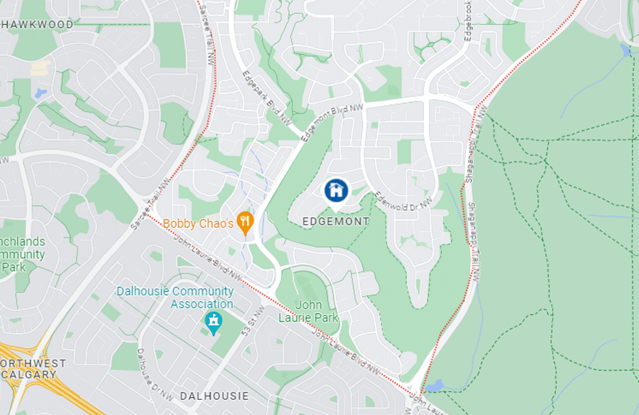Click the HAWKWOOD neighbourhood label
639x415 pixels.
pyautogui.click(x=37, y=25)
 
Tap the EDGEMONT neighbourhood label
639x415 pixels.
pyautogui.click(x=336, y=222)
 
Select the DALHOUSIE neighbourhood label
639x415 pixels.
pyautogui.click(x=214, y=396)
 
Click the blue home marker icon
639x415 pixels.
pyautogui.click(x=336, y=191)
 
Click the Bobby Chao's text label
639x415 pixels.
pyautogui.click(x=198, y=224)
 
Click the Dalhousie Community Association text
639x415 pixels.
pyautogui.click(x=175, y=297)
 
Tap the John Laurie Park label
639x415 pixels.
pyautogui.click(x=308, y=311)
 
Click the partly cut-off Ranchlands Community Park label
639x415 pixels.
pyautogui.click(x=22, y=254)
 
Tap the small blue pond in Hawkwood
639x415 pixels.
pyautogui.click(x=40, y=93)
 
